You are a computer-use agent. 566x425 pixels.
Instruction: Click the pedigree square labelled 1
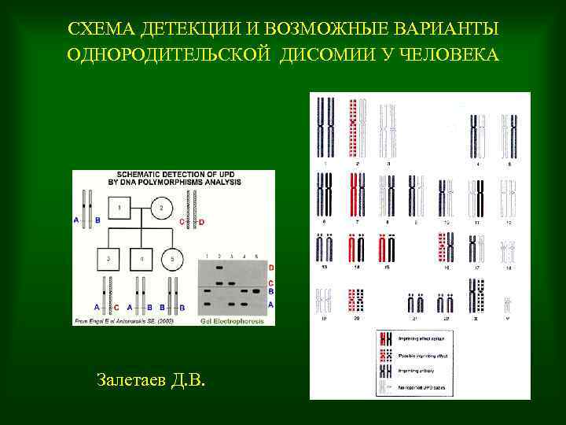pyautogui.click(x=119, y=208)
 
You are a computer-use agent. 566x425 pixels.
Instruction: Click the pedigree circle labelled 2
pyautogui.click(x=160, y=208)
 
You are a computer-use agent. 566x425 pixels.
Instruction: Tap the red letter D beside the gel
pyautogui.click(x=270, y=268)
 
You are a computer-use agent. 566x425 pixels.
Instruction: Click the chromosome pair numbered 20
pyautogui.click(x=357, y=301)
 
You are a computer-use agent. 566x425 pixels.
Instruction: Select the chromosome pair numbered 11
pyautogui.click(x=477, y=196)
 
